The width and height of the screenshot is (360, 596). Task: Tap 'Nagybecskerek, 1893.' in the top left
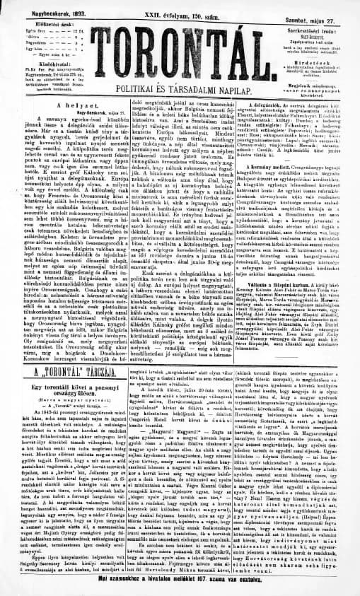click(x=43, y=5)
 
